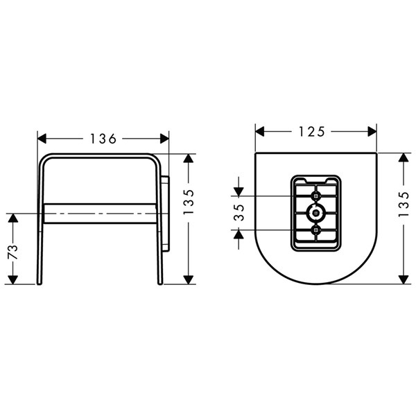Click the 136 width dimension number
[103, 139]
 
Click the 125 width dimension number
[312, 132]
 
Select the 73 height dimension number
[12, 252]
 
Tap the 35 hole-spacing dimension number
[239, 213]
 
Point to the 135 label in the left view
[189, 202]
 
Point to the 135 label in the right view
[404, 205]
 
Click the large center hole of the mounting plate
[315, 213]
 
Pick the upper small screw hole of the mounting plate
[315, 196]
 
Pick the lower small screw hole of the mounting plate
[315, 230]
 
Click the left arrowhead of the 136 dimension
[42, 139]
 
